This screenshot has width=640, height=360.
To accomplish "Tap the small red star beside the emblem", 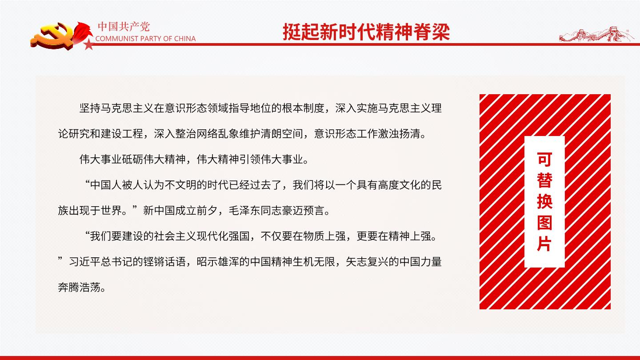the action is click(89, 44).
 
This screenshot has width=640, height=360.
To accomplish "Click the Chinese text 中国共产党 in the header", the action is click(124, 27).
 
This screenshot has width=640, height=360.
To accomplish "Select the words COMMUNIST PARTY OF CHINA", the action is click(145, 39).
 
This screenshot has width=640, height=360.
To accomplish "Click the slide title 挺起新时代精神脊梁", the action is click(366, 32).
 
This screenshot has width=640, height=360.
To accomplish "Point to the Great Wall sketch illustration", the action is click(596, 34).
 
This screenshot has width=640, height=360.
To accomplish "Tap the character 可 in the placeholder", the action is click(544, 159).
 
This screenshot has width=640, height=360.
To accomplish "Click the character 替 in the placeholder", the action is click(544, 180).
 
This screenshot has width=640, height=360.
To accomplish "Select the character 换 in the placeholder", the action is click(544, 201).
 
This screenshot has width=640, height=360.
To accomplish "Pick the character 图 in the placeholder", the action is click(544, 223).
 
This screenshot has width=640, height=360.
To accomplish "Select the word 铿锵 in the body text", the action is click(154, 262).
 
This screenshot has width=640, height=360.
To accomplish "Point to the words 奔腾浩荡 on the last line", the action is click(79, 287).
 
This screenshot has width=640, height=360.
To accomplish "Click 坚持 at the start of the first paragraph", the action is click(90, 108).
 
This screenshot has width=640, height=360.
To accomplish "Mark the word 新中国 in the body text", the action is click(159, 211).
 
